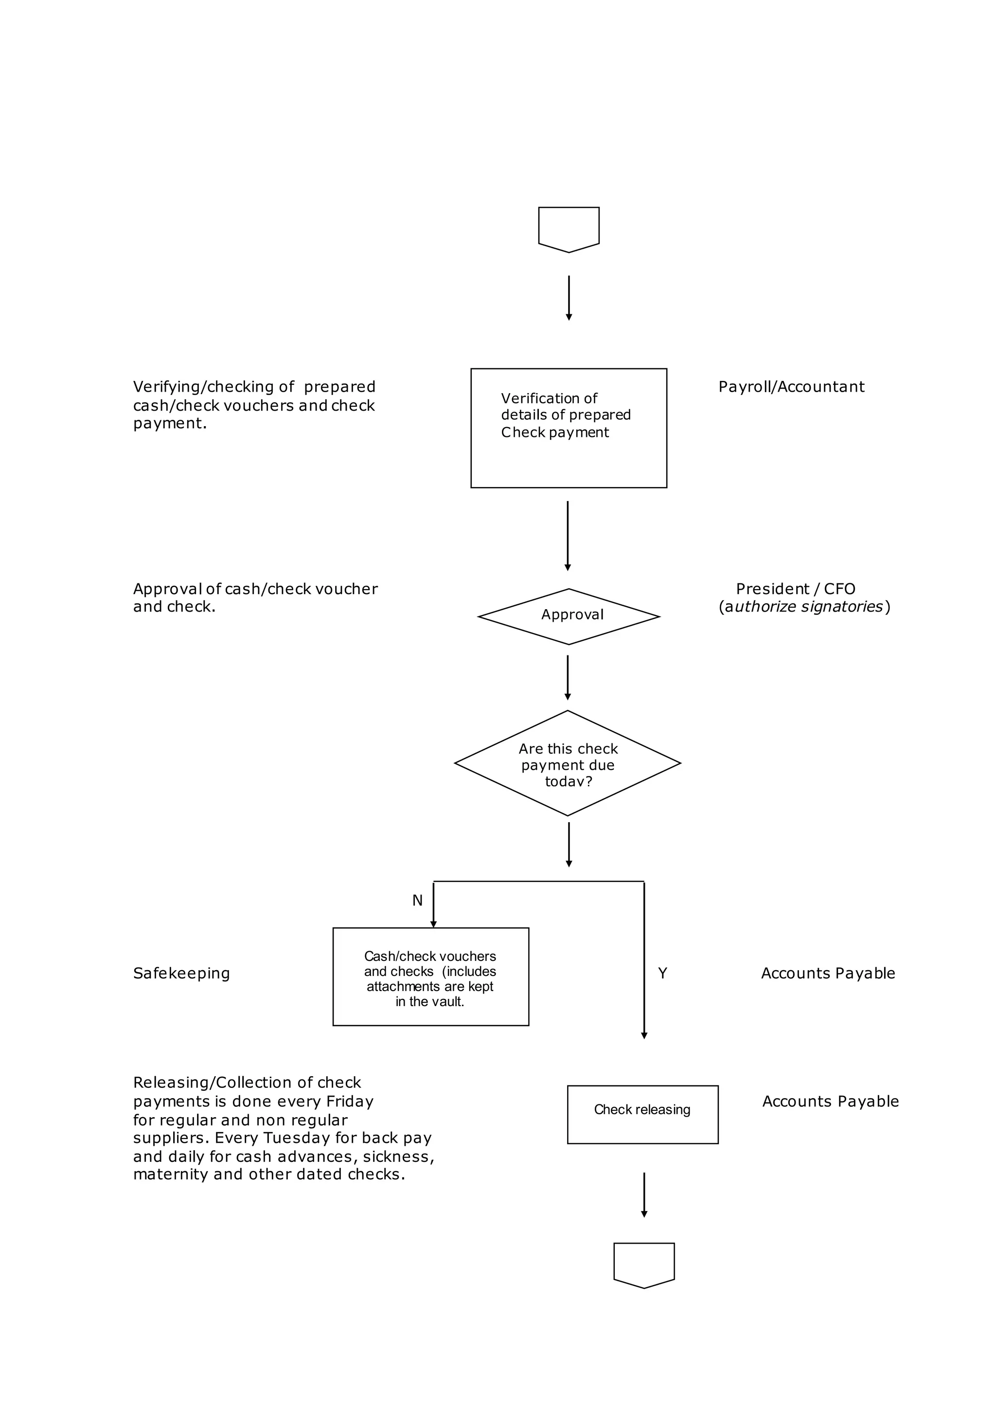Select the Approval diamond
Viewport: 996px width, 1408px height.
coord(569,616)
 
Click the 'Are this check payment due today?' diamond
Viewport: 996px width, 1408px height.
coord(568,763)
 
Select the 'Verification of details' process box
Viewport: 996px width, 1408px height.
coord(569,428)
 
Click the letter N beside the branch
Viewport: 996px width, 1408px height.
coord(417,900)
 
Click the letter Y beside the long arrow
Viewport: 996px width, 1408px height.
coord(662,973)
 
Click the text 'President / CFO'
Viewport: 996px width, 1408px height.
coord(796,589)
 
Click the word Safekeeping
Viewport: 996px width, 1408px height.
coord(181,974)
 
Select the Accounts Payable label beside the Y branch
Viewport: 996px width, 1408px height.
coord(828,974)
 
